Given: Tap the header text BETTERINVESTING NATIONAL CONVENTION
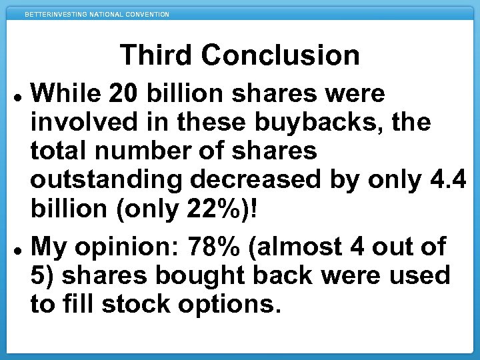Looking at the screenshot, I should pyautogui.click(x=97, y=14).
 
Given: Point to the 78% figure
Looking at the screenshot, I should pyautogui.click(x=215, y=247).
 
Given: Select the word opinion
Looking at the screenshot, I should pyautogui.click(x=126, y=247).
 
